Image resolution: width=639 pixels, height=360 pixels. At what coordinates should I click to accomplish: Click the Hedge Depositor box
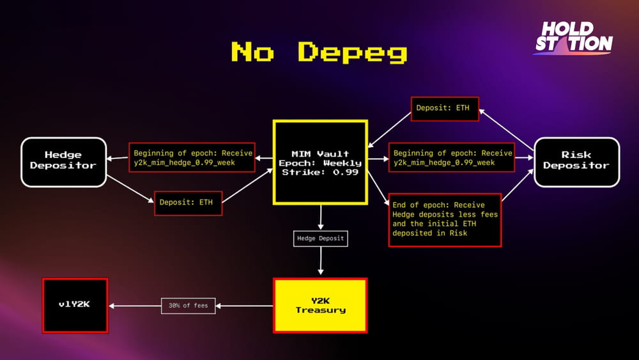tap(63, 162)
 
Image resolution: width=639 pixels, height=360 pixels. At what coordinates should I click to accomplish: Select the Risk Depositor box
tap(576, 162)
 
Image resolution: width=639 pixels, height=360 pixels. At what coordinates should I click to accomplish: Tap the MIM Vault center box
tap(320, 162)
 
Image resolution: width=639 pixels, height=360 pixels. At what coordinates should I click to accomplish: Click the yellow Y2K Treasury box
tap(320, 306)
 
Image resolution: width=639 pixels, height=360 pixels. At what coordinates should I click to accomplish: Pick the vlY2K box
tap(75, 306)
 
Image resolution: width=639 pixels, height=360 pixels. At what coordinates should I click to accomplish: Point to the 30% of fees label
tap(189, 306)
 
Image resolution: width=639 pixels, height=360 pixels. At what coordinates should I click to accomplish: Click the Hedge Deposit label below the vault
tap(320, 239)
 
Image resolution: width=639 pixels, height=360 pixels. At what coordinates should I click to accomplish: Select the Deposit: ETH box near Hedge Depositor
tap(189, 203)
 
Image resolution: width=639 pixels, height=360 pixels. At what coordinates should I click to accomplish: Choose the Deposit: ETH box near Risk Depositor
tap(445, 109)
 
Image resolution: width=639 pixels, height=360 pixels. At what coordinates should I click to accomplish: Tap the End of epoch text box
tap(445, 220)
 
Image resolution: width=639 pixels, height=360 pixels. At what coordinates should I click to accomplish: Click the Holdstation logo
tap(574, 38)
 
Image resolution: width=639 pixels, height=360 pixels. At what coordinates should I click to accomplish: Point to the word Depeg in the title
tap(352, 52)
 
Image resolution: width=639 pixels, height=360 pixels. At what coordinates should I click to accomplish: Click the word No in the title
tap(252, 51)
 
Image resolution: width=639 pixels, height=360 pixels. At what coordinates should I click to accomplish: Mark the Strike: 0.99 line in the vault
tap(320, 172)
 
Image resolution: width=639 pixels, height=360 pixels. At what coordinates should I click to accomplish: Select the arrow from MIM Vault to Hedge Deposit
tap(321, 217)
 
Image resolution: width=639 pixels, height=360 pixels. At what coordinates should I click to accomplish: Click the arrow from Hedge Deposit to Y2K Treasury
tap(321, 261)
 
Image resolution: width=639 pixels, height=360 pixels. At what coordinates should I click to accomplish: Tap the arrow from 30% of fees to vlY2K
tap(135, 306)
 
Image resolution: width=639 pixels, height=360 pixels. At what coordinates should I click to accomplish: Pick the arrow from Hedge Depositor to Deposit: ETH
tap(130, 189)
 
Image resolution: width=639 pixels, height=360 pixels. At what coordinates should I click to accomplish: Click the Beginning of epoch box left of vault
tap(192, 157)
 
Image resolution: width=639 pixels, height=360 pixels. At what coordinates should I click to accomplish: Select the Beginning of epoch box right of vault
tap(452, 157)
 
